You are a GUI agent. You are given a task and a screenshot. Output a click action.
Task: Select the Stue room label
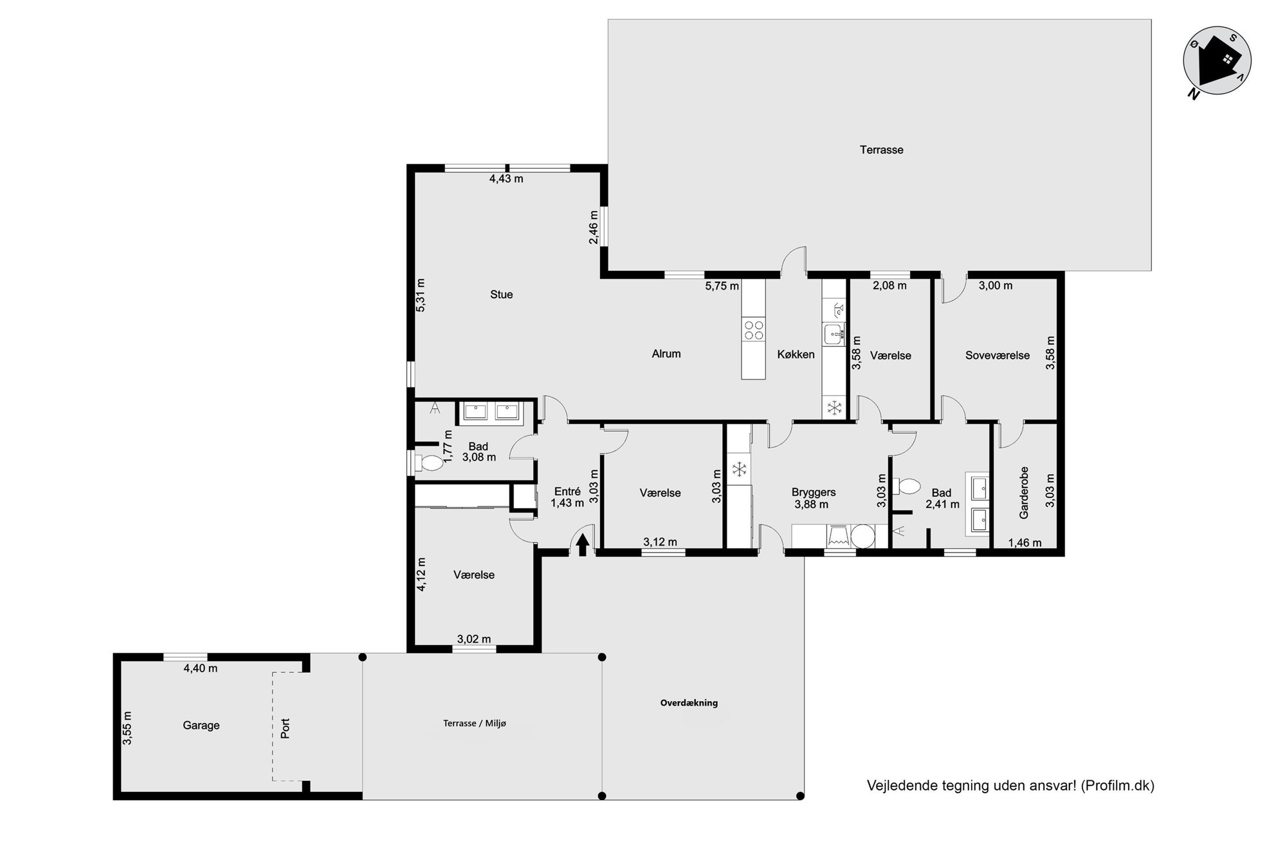click(x=502, y=295)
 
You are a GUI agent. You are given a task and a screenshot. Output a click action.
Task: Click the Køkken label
click(x=796, y=354)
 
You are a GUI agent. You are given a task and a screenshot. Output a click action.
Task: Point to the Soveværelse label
click(x=998, y=355)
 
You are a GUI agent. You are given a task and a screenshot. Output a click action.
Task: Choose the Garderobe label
click(x=1024, y=493)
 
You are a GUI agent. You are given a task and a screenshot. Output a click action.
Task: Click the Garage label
click(x=201, y=726)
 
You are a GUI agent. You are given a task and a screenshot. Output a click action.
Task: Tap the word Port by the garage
click(x=286, y=728)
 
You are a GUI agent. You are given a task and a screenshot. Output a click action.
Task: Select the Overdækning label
click(x=689, y=703)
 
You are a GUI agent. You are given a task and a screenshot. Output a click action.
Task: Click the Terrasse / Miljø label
click(x=475, y=724)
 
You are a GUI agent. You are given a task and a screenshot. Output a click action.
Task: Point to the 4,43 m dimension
click(x=506, y=179)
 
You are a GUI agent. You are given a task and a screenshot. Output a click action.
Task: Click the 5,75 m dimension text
click(x=722, y=286)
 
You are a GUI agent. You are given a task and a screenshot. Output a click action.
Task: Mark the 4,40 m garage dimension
click(x=201, y=668)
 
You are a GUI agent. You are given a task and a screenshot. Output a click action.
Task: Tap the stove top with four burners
click(x=754, y=330)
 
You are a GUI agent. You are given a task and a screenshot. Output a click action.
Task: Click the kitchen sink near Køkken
click(x=834, y=334)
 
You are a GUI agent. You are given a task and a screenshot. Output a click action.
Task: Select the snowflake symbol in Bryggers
click(x=740, y=470)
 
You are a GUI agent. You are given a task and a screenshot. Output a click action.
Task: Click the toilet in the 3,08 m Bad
click(x=428, y=463)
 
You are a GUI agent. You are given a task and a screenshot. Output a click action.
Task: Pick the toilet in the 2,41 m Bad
click(x=909, y=486)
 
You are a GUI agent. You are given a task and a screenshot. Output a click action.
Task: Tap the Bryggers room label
click(x=814, y=493)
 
